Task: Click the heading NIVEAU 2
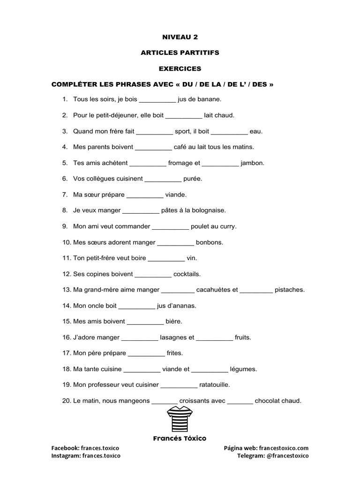click(180, 37)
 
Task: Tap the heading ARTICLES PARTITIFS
click(180, 53)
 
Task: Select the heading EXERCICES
click(180, 69)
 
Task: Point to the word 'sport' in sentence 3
click(182, 132)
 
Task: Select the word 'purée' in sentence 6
click(193, 179)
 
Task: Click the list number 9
click(65, 226)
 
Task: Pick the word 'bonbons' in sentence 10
click(210, 242)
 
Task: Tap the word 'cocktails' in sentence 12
click(187, 274)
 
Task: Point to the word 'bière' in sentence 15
click(174, 322)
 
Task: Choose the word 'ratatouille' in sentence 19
click(215, 385)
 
